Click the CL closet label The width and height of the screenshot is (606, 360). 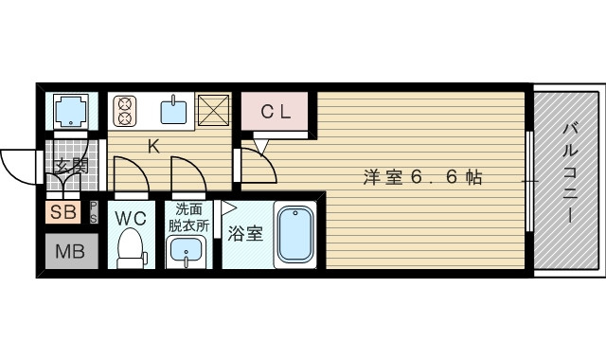tap(276, 112)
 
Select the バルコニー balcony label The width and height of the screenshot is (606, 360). tap(570, 171)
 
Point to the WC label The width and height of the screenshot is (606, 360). tap(131, 218)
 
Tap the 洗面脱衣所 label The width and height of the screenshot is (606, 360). tap(188, 219)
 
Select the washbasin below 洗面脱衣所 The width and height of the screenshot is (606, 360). tap(187, 252)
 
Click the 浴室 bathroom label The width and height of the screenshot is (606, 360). tap(246, 234)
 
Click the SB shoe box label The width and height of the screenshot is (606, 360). tap(64, 212)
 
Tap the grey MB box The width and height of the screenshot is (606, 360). tap(67, 252)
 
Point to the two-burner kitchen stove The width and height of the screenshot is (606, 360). tap(125, 112)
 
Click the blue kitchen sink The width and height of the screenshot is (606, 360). tap(173, 112)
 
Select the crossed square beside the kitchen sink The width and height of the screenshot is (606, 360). tap(215, 111)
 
